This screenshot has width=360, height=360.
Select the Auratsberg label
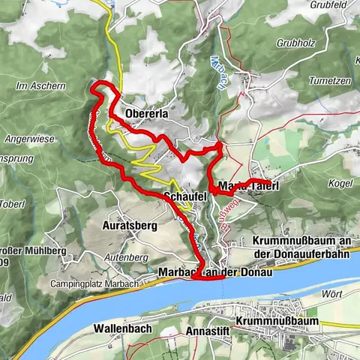130,224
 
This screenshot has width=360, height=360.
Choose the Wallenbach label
125,328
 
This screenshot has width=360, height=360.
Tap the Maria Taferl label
245,185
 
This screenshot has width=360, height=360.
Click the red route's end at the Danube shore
194,278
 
